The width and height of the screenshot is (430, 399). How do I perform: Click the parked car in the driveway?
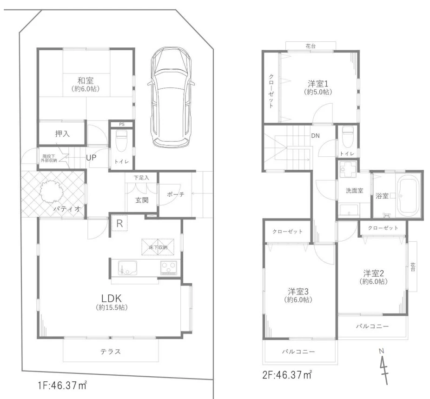(x=171, y=97)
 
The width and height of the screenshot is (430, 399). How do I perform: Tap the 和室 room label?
(x=86, y=80)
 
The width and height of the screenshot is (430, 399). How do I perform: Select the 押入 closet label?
(x=63, y=133)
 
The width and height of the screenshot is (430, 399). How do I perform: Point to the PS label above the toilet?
(x=122, y=124)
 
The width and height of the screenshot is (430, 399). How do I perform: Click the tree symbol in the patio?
(x=52, y=192)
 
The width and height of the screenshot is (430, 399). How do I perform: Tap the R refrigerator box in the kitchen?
(x=119, y=224)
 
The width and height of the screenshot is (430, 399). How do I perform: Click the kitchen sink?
(x=127, y=267)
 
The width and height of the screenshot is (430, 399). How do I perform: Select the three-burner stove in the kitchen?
(x=169, y=267)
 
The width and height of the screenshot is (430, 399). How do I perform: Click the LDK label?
(x=112, y=298)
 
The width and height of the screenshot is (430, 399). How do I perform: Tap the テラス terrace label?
(x=111, y=352)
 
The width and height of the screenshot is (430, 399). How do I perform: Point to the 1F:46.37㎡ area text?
(x=62, y=386)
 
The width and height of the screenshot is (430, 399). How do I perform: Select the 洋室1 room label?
(x=318, y=83)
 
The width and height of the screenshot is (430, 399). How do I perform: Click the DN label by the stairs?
(x=315, y=136)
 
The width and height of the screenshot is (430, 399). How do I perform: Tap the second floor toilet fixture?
(x=348, y=134)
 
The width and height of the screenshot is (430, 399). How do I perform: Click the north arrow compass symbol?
(x=384, y=366)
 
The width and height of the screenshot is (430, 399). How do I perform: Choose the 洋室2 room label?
(x=373, y=273)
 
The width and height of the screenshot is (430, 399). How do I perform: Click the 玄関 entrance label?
(x=142, y=200)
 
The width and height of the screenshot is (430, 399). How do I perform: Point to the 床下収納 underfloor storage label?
(x=158, y=247)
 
